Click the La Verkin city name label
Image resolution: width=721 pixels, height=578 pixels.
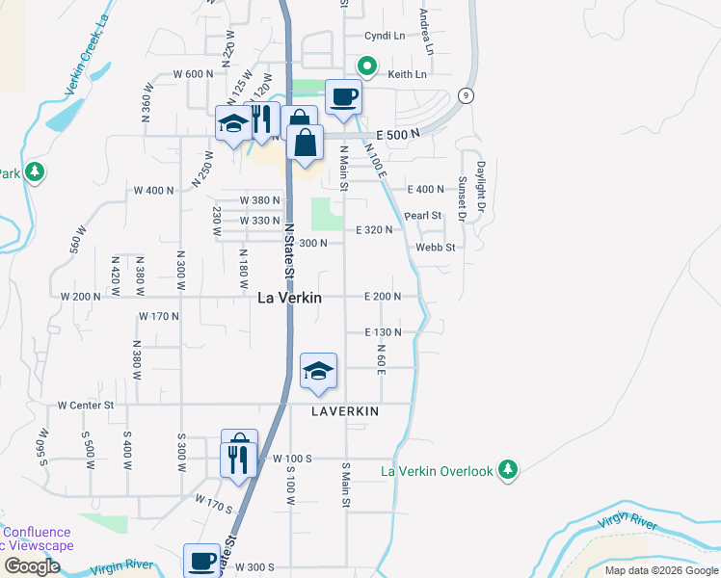pos(289,299)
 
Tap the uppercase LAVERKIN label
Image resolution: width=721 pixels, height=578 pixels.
pos(344,410)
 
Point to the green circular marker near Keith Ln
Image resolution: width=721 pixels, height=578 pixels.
pos(366,66)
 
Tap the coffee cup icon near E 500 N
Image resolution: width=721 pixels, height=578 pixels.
pos(343,96)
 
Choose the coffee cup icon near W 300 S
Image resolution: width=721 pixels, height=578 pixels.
pos(202,561)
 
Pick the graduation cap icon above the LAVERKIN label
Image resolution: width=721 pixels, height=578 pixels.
pos(319,371)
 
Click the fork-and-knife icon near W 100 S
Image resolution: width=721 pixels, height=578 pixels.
pos(238,459)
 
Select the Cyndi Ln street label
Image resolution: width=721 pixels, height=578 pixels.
pos(385,36)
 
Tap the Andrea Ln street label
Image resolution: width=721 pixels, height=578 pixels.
pos(424,32)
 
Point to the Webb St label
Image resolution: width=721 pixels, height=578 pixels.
pos(435,248)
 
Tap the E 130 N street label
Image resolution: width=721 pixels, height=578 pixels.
pos(383,332)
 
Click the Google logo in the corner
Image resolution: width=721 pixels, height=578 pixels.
pos(31,566)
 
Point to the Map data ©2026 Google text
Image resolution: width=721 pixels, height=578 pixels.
pos(661,570)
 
